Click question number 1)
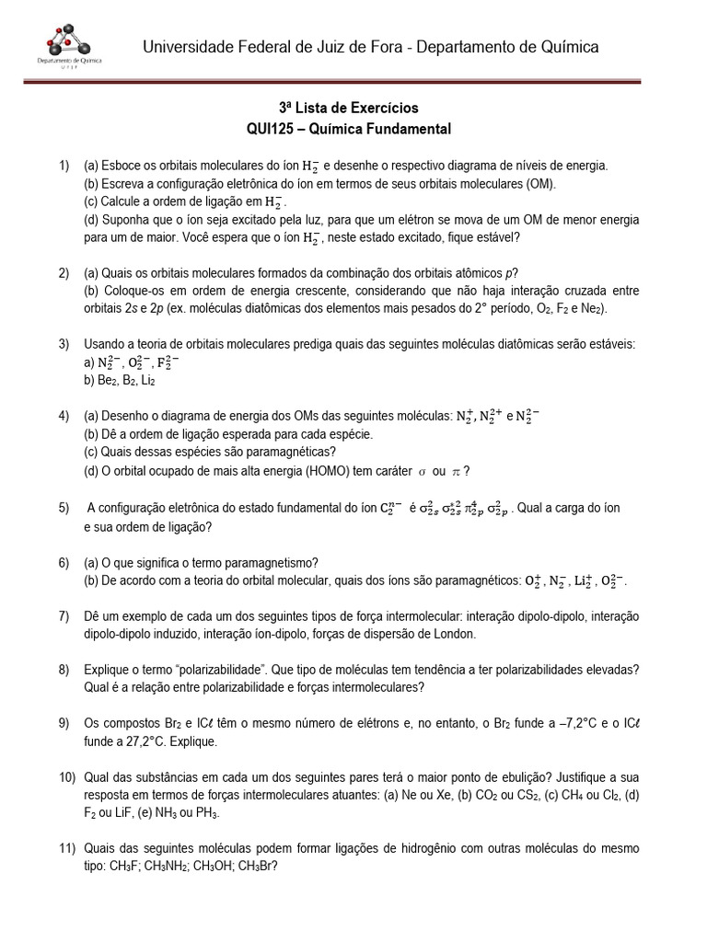pyautogui.click(x=64, y=166)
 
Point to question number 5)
pyautogui.click(x=64, y=508)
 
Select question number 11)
pyautogui.click(x=67, y=847)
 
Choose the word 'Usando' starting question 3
pyautogui.click(x=106, y=344)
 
